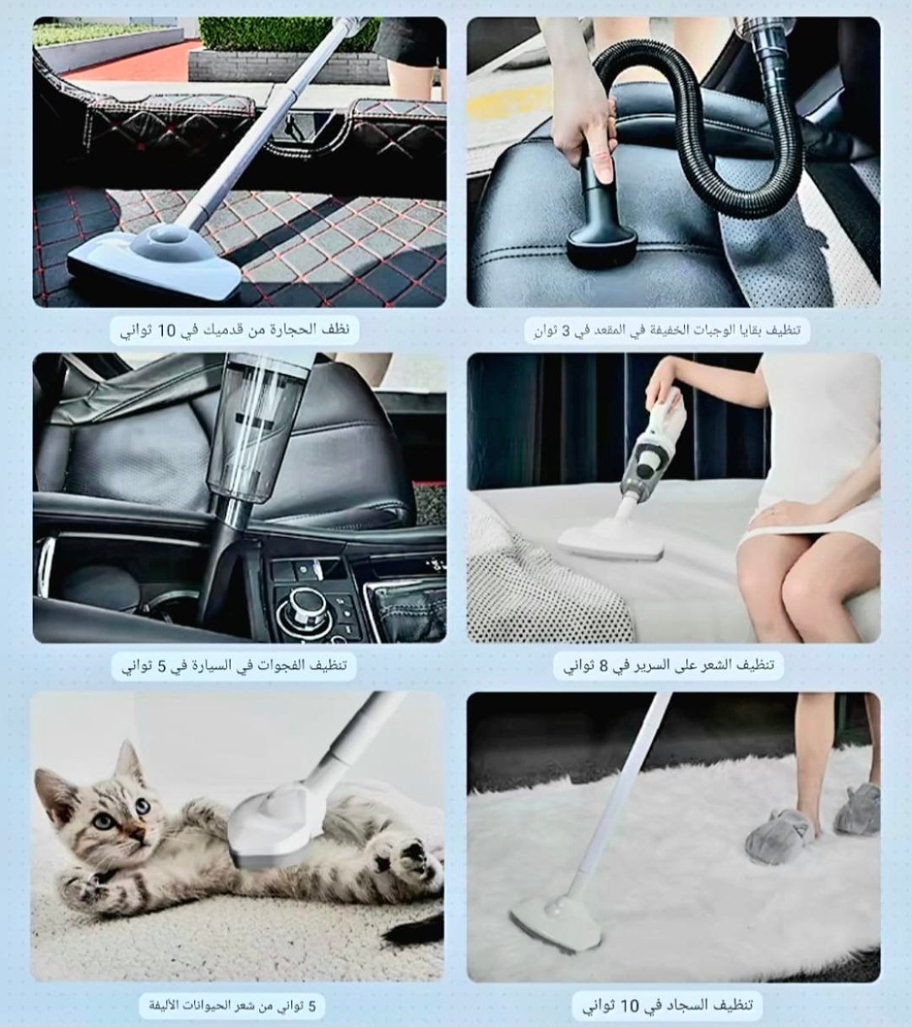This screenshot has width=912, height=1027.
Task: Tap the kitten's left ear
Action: pyautogui.click(x=126, y=764)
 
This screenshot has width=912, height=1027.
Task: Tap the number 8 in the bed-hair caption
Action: pyautogui.click(x=603, y=666)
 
